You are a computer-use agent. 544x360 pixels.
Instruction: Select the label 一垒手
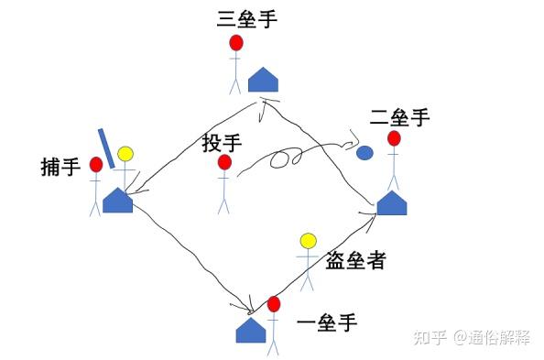(x=327, y=322)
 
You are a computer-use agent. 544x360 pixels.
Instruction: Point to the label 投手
(x=222, y=143)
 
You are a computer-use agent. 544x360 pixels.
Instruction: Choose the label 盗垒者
(x=355, y=261)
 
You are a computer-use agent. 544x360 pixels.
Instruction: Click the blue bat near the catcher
(x=105, y=147)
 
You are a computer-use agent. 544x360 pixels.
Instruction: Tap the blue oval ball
(x=364, y=153)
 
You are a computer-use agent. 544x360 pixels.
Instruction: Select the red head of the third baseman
(x=236, y=43)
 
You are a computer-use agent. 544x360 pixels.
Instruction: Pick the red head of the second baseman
(x=394, y=139)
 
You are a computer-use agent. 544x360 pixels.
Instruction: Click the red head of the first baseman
(x=273, y=304)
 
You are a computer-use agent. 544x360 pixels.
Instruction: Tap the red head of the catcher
(x=95, y=165)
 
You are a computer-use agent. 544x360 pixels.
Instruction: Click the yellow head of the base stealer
(x=309, y=241)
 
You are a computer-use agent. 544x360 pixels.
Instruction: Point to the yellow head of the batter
(x=125, y=154)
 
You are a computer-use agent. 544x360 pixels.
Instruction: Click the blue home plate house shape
(x=117, y=200)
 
